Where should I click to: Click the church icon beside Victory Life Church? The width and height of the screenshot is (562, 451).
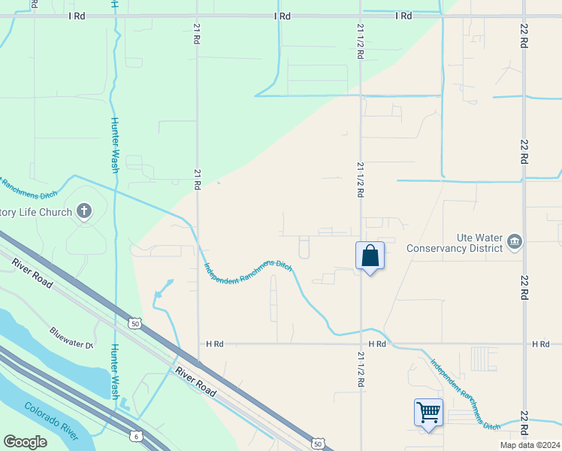84,211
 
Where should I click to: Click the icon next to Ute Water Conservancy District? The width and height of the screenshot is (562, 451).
515,241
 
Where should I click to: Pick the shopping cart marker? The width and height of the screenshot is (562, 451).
428,412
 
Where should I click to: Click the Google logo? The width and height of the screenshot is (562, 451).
25,442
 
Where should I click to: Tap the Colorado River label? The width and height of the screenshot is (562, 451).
51,421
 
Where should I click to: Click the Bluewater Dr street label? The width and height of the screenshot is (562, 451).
71,339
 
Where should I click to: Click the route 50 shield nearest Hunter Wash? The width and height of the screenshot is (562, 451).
135,323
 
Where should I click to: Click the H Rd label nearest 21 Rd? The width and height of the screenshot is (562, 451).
215,344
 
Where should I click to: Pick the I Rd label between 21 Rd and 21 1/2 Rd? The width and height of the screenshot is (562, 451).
283,16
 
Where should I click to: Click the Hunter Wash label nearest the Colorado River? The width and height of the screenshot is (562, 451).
115,371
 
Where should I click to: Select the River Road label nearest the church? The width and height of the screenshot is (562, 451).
33,273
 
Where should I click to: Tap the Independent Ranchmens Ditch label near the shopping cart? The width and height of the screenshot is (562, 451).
465,393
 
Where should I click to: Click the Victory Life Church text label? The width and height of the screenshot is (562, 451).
35,212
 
